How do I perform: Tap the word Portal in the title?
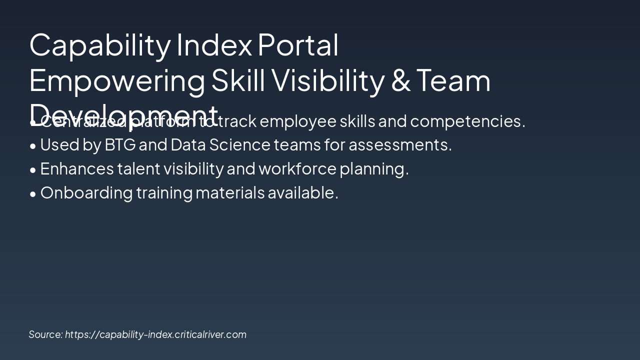(x=298, y=45)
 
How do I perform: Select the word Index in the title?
(x=214, y=45)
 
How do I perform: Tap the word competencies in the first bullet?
(x=467, y=121)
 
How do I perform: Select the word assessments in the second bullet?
(x=400, y=145)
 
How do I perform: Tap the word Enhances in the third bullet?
(x=77, y=169)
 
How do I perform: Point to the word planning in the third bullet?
(x=374, y=169)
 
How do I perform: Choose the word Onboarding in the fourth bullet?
(x=86, y=192)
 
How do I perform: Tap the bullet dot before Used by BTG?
(x=33, y=146)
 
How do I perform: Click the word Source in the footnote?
(x=45, y=334)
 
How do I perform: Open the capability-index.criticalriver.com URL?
(x=155, y=334)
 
